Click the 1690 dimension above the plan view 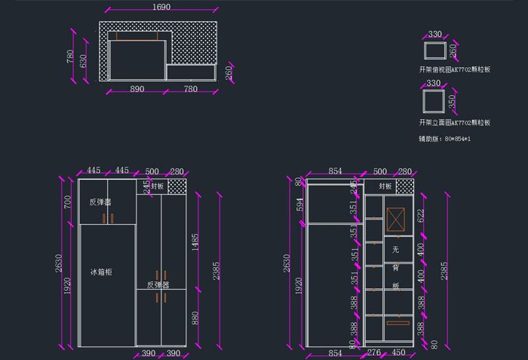click(x=161, y=8)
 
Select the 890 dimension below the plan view click(x=137, y=89)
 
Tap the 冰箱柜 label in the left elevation click(x=101, y=272)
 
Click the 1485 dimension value click(x=195, y=242)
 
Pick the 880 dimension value click(x=195, y=318)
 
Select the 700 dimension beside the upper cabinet click(x=67, y=202)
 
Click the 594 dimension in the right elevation click(x=299, y=205)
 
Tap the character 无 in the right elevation click(x=395, y=249)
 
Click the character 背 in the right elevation click(x=395, y=267)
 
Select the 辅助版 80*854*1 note click(x=445, y=140)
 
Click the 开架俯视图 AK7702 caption click(x=454, y=69)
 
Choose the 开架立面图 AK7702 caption click(x=454, y=122)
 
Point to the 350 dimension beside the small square click(x=453, y=101)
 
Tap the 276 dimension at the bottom click(x=373, y=352)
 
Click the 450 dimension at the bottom click(x=398, y=352)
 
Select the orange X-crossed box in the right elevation click(x=395, y=220)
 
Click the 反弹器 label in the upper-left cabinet click(x=100, y=202)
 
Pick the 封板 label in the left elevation click(x=157, y=186)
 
